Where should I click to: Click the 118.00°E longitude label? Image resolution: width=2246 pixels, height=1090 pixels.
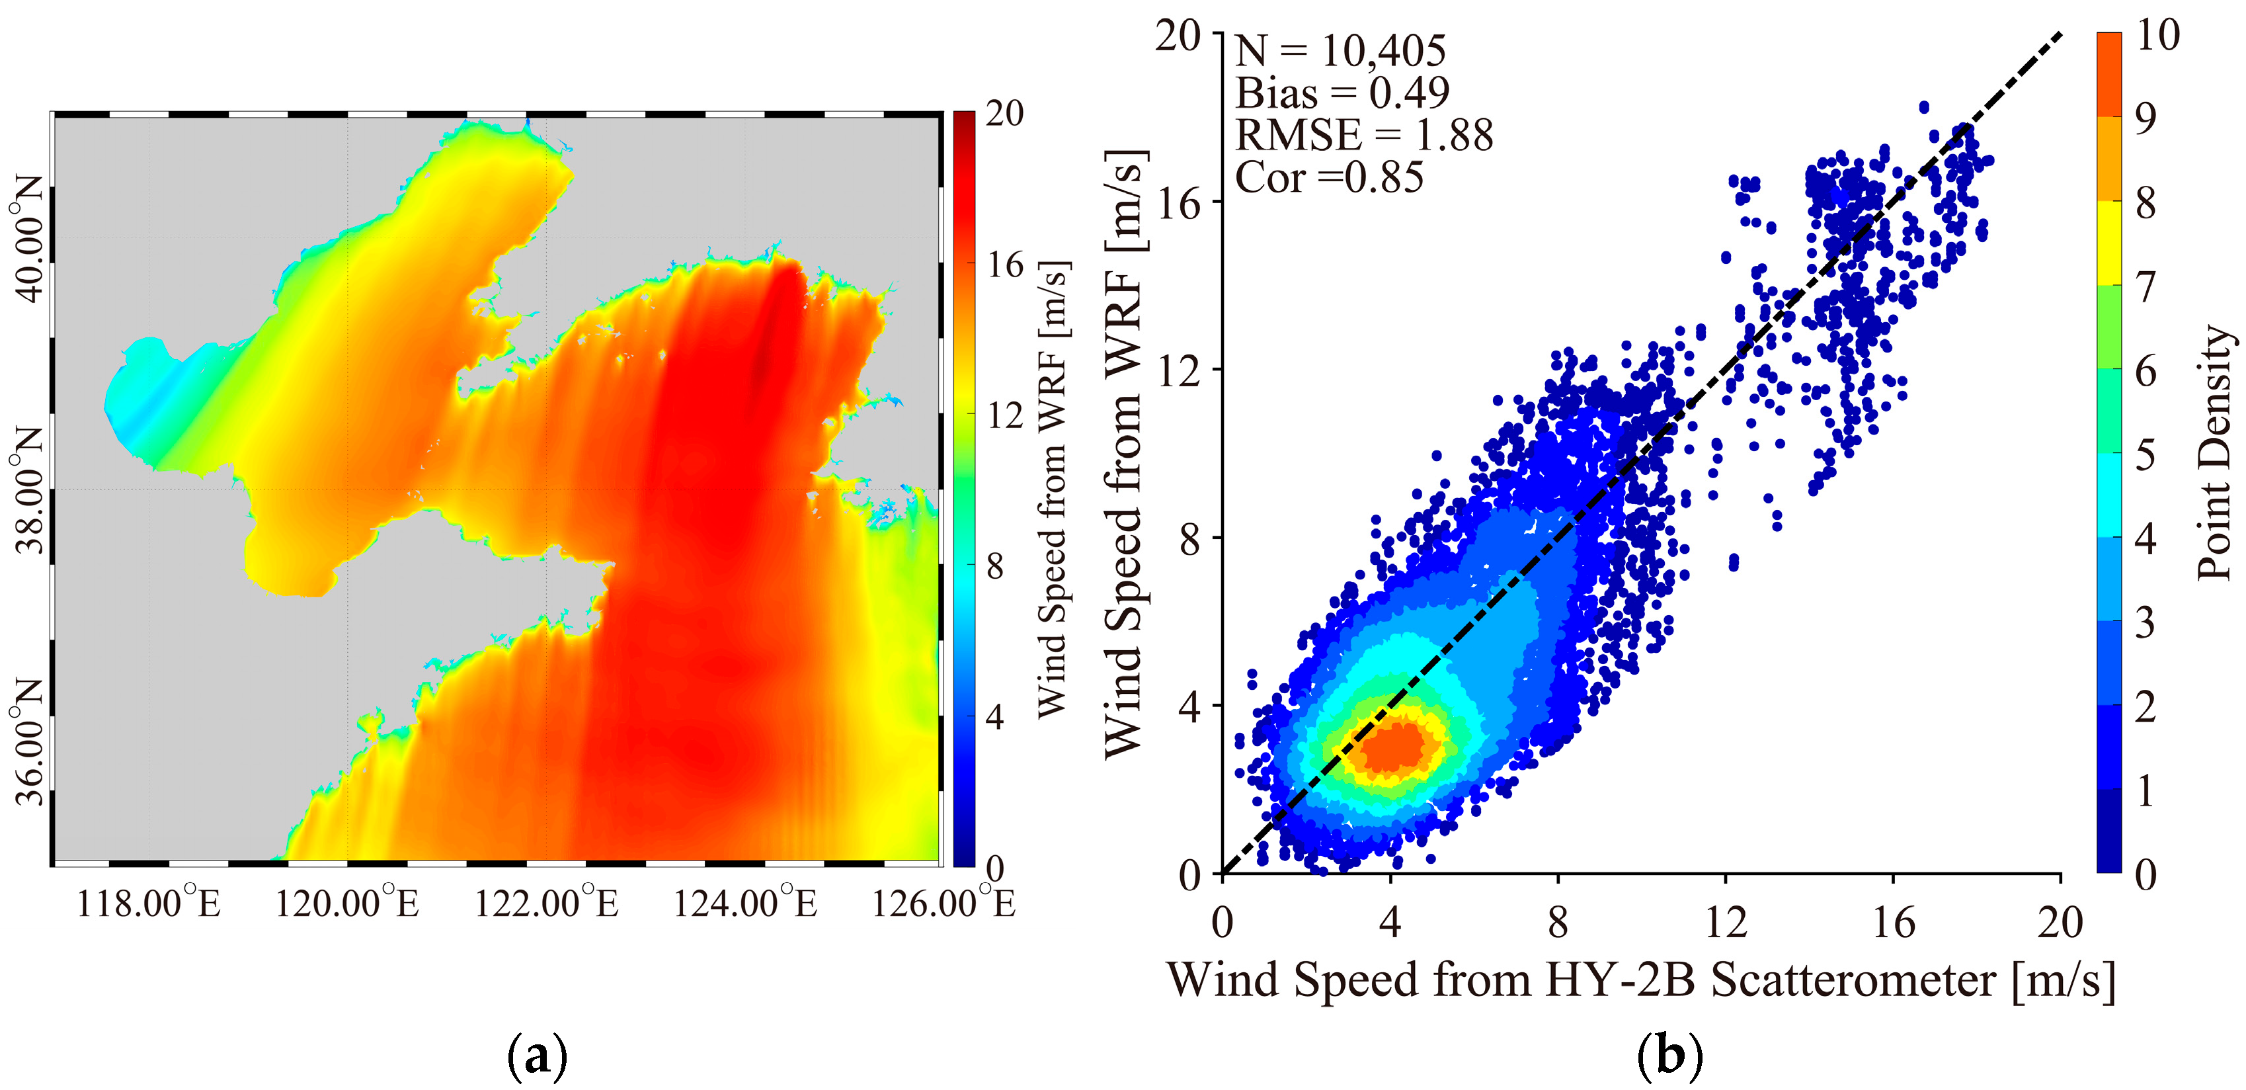148,903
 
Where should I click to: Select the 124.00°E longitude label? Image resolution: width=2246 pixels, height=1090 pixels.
744,903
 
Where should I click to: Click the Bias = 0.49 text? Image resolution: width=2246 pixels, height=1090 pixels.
1343,93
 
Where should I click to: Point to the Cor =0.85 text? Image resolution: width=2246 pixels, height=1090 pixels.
1330,177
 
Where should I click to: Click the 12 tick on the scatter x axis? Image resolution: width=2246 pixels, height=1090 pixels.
1726,922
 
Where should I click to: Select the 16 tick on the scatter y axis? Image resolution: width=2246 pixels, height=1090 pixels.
1178,202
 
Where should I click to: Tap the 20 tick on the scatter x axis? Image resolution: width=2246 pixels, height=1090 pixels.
2060,922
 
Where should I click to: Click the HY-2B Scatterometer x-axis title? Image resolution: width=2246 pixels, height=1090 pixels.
1641,980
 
